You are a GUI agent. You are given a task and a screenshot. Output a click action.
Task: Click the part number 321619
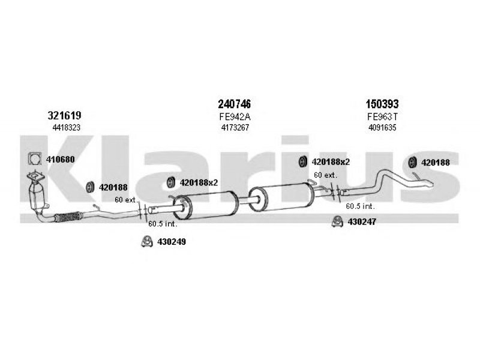click(64, 115)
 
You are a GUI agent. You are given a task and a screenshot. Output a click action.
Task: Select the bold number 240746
click(234, 104)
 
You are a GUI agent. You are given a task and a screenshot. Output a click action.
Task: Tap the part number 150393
click(382, 104)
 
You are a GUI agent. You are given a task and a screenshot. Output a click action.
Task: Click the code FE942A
click(235, 117)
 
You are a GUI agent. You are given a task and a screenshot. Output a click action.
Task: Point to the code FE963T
click(383, 117)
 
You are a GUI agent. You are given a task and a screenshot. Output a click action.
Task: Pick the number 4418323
click(66, 128)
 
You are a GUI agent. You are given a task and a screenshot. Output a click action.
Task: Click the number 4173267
click(235, 127)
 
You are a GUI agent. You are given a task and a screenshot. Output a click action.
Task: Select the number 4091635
click(382, 127)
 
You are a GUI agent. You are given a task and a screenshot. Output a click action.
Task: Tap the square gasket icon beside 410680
click(35, 158)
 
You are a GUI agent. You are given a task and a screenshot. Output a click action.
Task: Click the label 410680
click(61, 160)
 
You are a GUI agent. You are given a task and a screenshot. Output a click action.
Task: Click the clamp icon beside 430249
click(147, 242)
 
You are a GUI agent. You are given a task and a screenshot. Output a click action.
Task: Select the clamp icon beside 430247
click(337, 221)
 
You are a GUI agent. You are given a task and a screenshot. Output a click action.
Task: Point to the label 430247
click(362, 221)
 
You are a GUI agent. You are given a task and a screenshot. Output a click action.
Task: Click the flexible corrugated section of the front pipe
click(68, 217)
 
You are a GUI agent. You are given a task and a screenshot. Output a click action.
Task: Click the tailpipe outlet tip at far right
click(429, 184)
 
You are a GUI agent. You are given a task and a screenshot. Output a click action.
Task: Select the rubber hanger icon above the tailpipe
click(413, 162)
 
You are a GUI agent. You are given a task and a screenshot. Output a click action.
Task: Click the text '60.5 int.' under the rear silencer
click(361, 206)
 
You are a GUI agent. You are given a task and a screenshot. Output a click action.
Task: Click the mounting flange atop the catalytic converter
click(35, 177)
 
